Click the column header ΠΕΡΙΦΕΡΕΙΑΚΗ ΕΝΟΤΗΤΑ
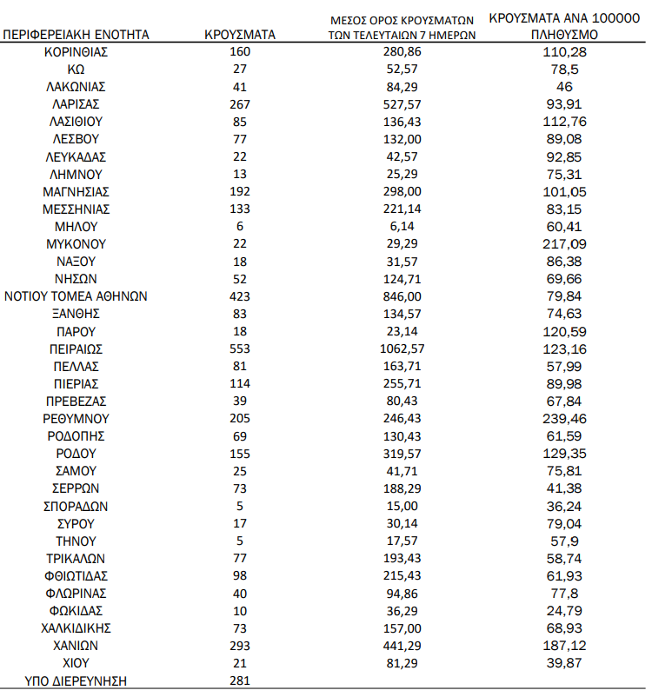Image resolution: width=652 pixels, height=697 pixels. click(x=76, y=35)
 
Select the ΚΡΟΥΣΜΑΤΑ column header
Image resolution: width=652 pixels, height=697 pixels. click(x=241, y=35)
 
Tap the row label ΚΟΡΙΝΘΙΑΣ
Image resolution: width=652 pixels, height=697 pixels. click(x=76, y=52)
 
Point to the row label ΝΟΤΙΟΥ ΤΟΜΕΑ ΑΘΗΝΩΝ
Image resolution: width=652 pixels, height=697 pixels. click(x=76, y=296)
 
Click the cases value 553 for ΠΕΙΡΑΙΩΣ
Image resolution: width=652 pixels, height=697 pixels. click(x=241, y=348)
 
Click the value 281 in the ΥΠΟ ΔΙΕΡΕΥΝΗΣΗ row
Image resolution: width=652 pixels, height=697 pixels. click(x=241, y=680)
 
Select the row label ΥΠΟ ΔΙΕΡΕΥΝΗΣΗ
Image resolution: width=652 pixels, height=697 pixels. click(x=76, y=680)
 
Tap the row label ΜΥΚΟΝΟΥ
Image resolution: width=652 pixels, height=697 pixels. click(x=76, y=244)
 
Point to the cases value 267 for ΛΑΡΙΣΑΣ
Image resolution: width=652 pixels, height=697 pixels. click(x=241, y=104)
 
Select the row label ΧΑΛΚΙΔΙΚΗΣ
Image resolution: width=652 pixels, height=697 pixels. click(x=76, y=627)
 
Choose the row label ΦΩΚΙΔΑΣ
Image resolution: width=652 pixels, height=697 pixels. click(x=76, y=610)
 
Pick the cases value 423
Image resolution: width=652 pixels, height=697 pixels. click(x=241, y=296)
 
